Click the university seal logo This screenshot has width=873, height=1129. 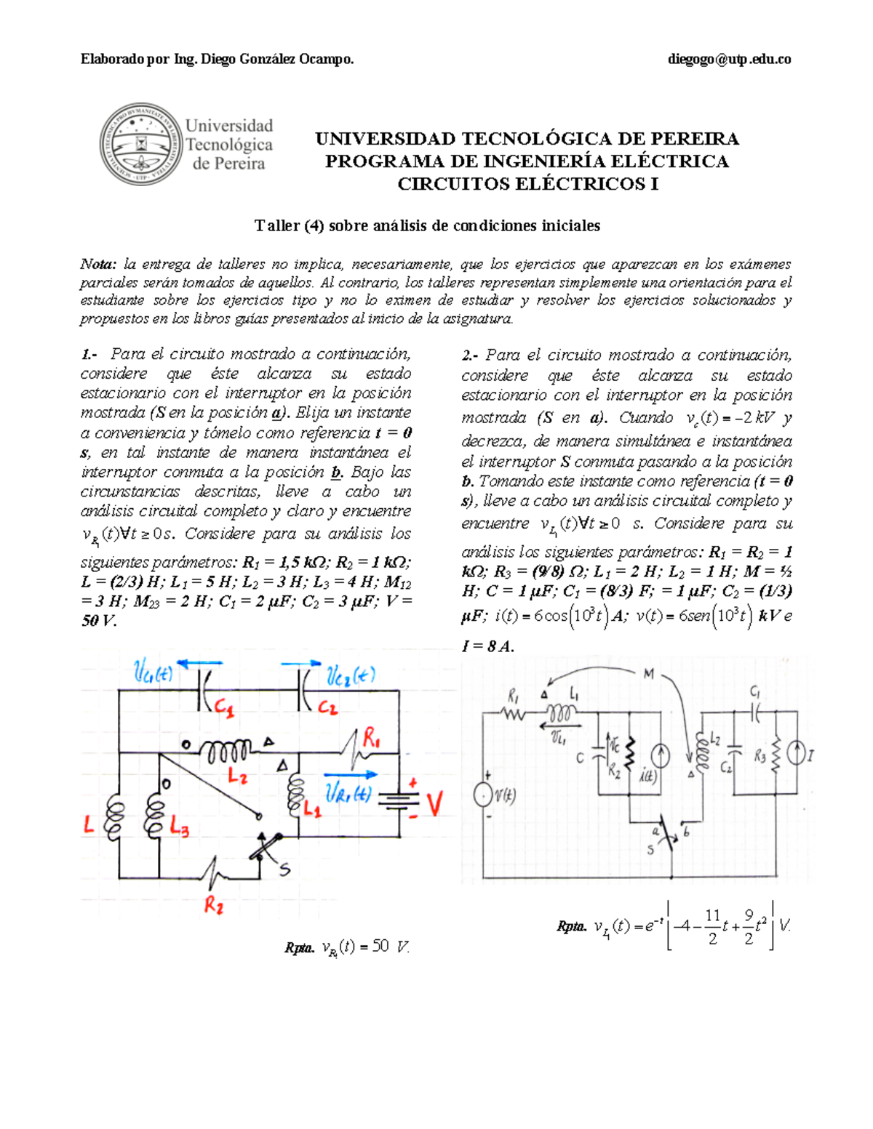pos(140,143)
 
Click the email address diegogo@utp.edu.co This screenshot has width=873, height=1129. pos(729,60)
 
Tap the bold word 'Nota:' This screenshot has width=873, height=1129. pos(98,265)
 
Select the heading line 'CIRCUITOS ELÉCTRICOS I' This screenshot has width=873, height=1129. pos(527,184)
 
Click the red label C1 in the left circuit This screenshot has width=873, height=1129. pos(224,708)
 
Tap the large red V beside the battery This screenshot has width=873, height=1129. pos(434,804)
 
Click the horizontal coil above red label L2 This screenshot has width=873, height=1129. pos(226,749)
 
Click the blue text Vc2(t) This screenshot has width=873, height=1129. pos(351,676)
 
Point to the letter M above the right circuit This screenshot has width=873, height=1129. pos(648,674)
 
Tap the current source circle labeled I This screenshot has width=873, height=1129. pos(797,755)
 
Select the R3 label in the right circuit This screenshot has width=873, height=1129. pos(760,757)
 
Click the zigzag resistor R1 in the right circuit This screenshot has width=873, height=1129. pos(514,714)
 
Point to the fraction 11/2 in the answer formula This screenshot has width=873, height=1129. pos(712,926)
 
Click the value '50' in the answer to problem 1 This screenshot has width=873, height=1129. pos(380,946)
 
